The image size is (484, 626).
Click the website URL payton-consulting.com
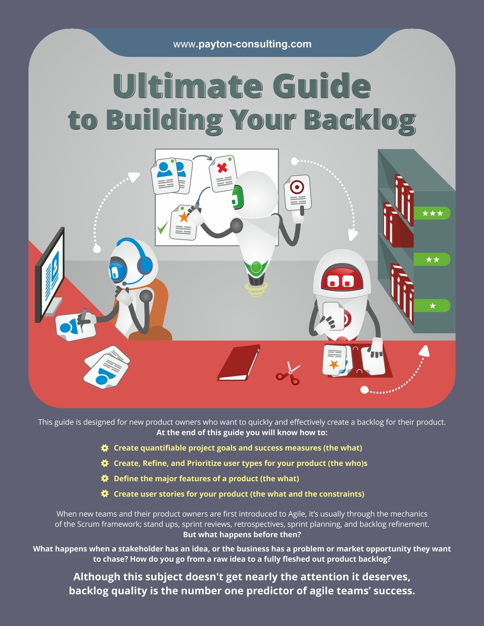coord(242,44)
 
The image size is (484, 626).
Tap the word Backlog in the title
coord(360,120)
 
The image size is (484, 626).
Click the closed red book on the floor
coord(239,362)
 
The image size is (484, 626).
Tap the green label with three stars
coord(432,213)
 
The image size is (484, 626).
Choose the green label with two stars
coord(432,259)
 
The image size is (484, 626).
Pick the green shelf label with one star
coord(432,306)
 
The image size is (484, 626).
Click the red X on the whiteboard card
coord(222,168)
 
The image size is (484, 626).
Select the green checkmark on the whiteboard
coord(162,227)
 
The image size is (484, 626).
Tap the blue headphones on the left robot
coord(144,262)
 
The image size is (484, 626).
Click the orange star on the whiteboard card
coord(183,217)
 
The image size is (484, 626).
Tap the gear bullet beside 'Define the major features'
coord(105,479)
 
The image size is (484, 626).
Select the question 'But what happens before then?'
coord(242,535)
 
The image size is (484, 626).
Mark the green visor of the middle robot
coord(236,197)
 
